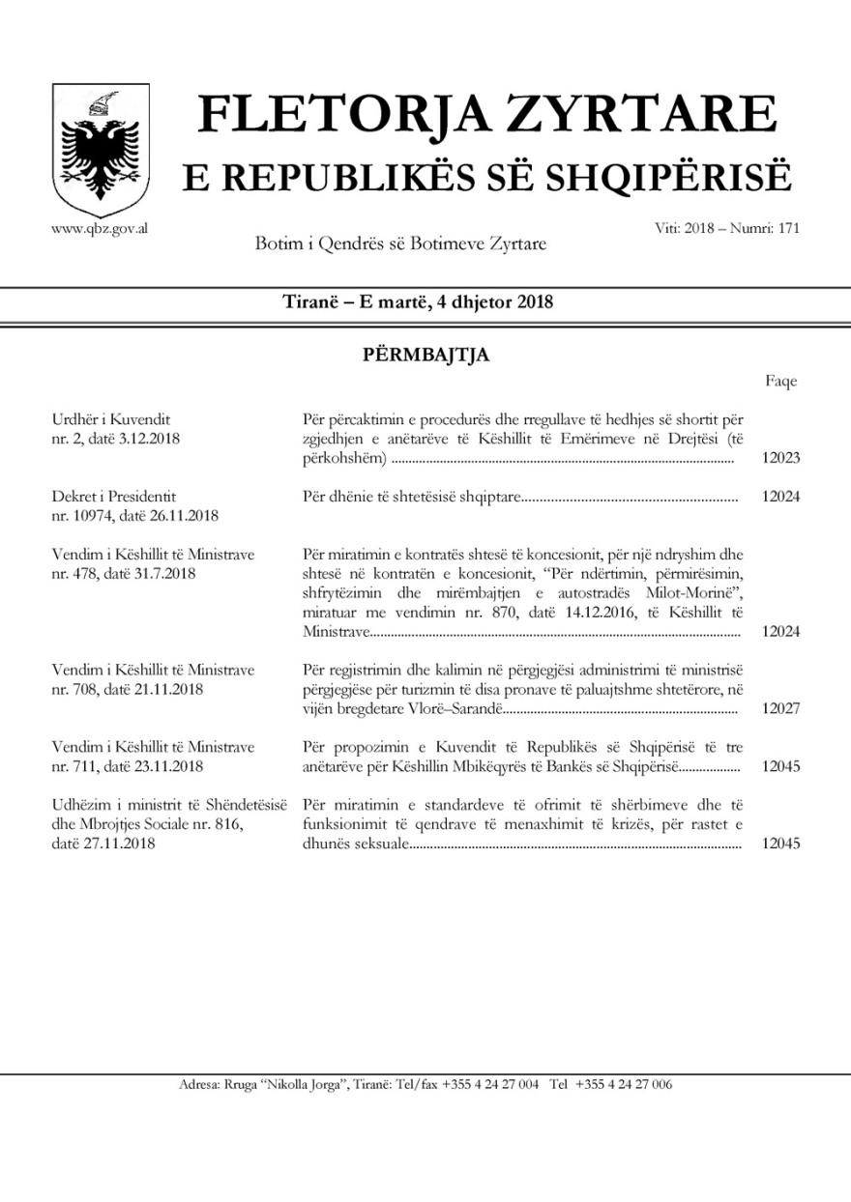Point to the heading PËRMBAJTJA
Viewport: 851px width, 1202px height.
pyautogui.click(x=425, y=355)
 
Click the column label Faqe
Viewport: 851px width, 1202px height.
pyautogui.click(x=781, y=381)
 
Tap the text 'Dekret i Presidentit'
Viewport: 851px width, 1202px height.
pyautogui.click(x=114, y=497)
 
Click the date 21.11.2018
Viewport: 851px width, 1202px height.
pyautogui.click(x=165, y=689)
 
